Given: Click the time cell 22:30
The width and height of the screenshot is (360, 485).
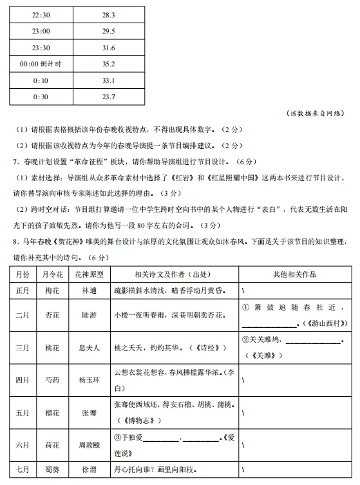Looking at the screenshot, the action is click(x=40, y=14).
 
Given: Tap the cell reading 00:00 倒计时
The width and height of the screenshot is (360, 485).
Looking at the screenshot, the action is click(x=40, y=64).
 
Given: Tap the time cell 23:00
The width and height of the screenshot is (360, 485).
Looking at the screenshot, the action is click(x=40, y=31).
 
